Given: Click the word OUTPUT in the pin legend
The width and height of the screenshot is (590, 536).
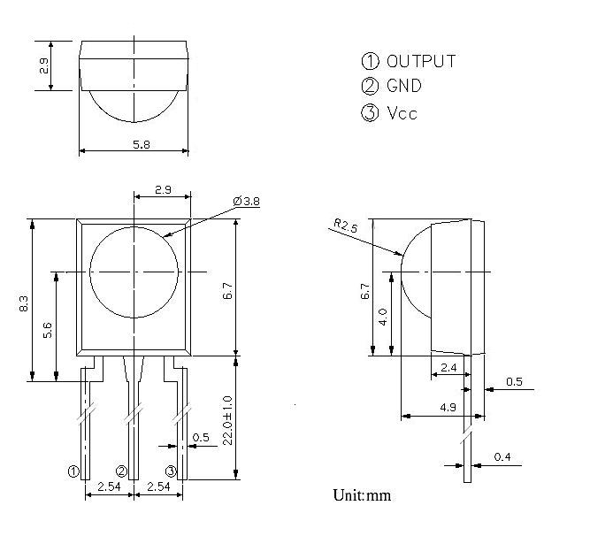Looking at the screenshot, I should tap(421, 61).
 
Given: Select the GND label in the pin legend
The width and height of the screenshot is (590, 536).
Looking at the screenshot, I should tap(404, 87).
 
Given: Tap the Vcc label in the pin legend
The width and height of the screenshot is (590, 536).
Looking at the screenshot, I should tap(402, 113).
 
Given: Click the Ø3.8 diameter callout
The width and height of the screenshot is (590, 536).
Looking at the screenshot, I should tap(246, 202).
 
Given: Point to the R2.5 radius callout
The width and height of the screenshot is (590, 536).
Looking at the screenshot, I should tap(346, 226).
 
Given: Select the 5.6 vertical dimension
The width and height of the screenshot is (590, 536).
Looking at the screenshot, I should tap(48, 329).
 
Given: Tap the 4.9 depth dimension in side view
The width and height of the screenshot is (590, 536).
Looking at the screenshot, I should tap(447, 406).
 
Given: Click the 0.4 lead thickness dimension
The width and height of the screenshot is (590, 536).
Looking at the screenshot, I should tap(503, 457).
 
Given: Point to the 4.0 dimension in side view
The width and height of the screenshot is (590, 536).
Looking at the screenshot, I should tap(383, 317).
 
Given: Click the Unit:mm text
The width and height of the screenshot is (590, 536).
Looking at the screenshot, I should tap(362, 494).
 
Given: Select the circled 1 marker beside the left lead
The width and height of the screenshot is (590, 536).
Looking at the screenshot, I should tap(73, 471).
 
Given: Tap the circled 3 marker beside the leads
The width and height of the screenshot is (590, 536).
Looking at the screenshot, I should tap(171, 471).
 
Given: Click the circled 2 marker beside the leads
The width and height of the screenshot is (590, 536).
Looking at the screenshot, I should tap(122, 471).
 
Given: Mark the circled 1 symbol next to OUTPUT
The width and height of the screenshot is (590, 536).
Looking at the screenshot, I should tap(370, 61).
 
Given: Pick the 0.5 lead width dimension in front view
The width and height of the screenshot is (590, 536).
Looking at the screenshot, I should tap(201, 438).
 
